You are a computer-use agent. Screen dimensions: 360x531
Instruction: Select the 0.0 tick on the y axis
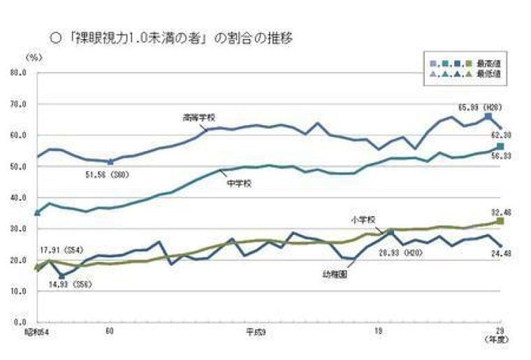pos(18,322)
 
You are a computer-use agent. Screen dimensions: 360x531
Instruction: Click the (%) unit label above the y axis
pos(32,56)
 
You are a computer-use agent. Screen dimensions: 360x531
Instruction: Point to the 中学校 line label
pos(239,183)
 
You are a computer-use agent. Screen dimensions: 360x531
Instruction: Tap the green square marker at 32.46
pos(500,221)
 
